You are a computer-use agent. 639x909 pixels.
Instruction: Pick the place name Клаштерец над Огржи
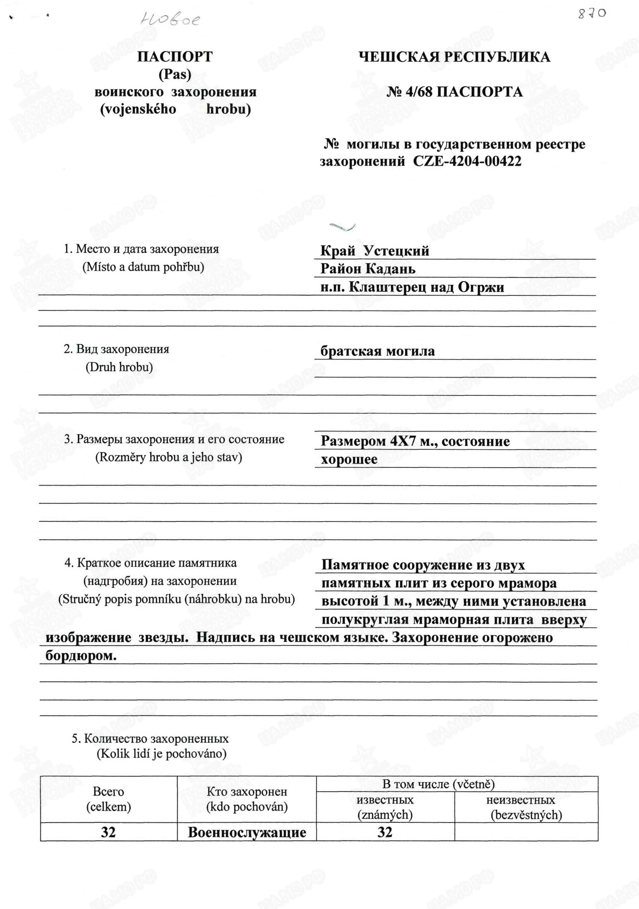(x=427, y=287)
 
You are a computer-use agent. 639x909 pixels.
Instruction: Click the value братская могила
(x=378, y=351)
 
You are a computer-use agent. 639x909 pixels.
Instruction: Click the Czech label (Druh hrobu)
(x=119, y=367)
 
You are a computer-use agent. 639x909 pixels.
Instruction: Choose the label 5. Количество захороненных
(x=150, y=739)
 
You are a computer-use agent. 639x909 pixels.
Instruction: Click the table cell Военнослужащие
(x=247, y=832)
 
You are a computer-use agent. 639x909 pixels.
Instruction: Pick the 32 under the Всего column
(x=108, y=832)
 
